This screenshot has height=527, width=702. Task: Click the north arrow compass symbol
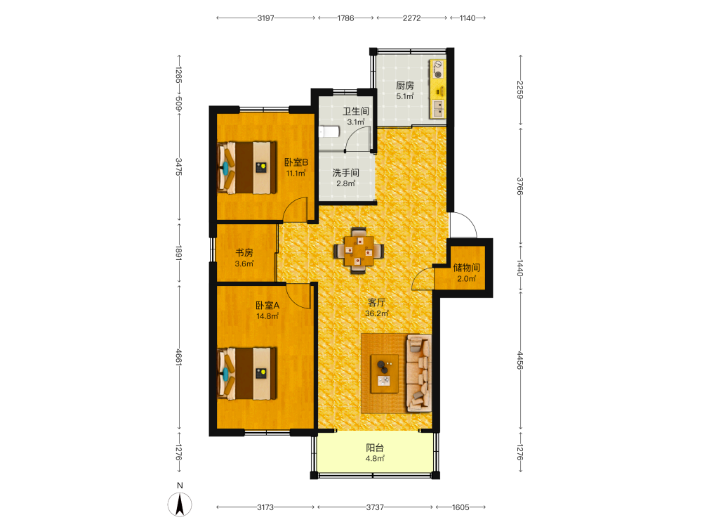180,504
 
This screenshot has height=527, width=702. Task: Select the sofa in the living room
419,373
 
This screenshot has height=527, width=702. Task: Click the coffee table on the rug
385,374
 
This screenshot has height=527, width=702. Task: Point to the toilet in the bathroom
329,132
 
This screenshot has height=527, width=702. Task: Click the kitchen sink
438,108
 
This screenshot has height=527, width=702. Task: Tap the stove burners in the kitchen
438,70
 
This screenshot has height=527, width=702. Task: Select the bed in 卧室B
246,168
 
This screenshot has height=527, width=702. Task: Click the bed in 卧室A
246,373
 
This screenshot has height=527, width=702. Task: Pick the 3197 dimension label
265,18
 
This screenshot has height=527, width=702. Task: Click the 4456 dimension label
519,360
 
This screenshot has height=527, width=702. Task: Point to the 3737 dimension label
375,507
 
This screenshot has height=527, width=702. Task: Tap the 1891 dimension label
178,253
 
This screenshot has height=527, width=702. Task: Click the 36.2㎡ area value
376,313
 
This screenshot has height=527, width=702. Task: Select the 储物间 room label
466,268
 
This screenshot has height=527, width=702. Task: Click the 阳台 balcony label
375,448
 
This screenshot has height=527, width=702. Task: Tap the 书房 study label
244,253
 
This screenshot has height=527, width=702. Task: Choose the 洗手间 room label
345,173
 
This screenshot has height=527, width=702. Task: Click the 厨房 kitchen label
405,85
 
